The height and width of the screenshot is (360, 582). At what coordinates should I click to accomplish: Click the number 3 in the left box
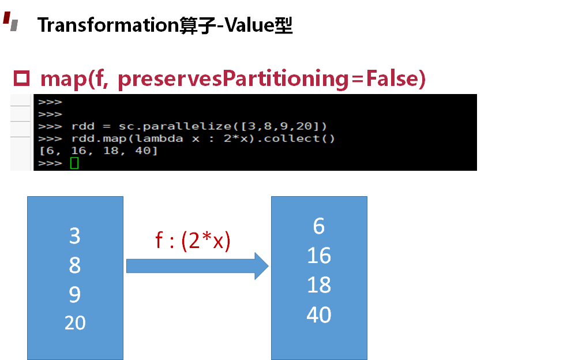[74, 235]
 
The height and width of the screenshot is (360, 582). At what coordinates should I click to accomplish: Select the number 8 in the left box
[74, 265]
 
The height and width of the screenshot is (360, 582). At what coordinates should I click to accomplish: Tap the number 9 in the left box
[74, 294]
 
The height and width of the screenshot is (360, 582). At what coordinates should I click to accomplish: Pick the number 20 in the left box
[75, 322]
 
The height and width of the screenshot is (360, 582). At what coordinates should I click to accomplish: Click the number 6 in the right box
[319, 226]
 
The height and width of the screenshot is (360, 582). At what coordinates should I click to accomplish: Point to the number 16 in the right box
[319, 256]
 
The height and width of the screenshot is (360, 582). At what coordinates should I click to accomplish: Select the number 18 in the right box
[319, 284]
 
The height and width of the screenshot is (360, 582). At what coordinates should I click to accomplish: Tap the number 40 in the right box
[319, 314]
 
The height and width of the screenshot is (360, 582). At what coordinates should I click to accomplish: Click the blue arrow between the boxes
[197, 266]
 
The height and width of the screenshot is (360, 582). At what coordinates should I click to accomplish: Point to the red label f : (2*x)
[193, 240]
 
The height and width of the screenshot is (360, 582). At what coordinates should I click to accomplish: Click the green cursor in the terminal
[74, 163]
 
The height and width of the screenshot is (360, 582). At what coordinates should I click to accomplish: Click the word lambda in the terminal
[159, 139]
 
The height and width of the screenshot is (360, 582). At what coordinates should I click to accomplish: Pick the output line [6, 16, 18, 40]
[99, 151]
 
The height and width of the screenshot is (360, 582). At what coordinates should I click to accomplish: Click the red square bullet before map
[21, 78]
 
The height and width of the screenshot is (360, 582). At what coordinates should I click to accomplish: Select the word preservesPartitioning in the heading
[233, 78]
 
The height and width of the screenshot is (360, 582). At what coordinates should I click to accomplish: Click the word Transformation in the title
[108, 25]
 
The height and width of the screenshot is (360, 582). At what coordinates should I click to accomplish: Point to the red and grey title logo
[11, 21]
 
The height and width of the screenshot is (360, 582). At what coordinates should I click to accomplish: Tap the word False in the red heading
[392, 78]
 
